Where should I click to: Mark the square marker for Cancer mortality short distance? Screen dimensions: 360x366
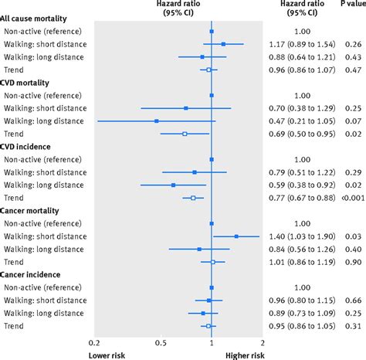236,236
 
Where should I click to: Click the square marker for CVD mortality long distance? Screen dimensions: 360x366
157,121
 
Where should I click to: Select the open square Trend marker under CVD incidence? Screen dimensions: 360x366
193,198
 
